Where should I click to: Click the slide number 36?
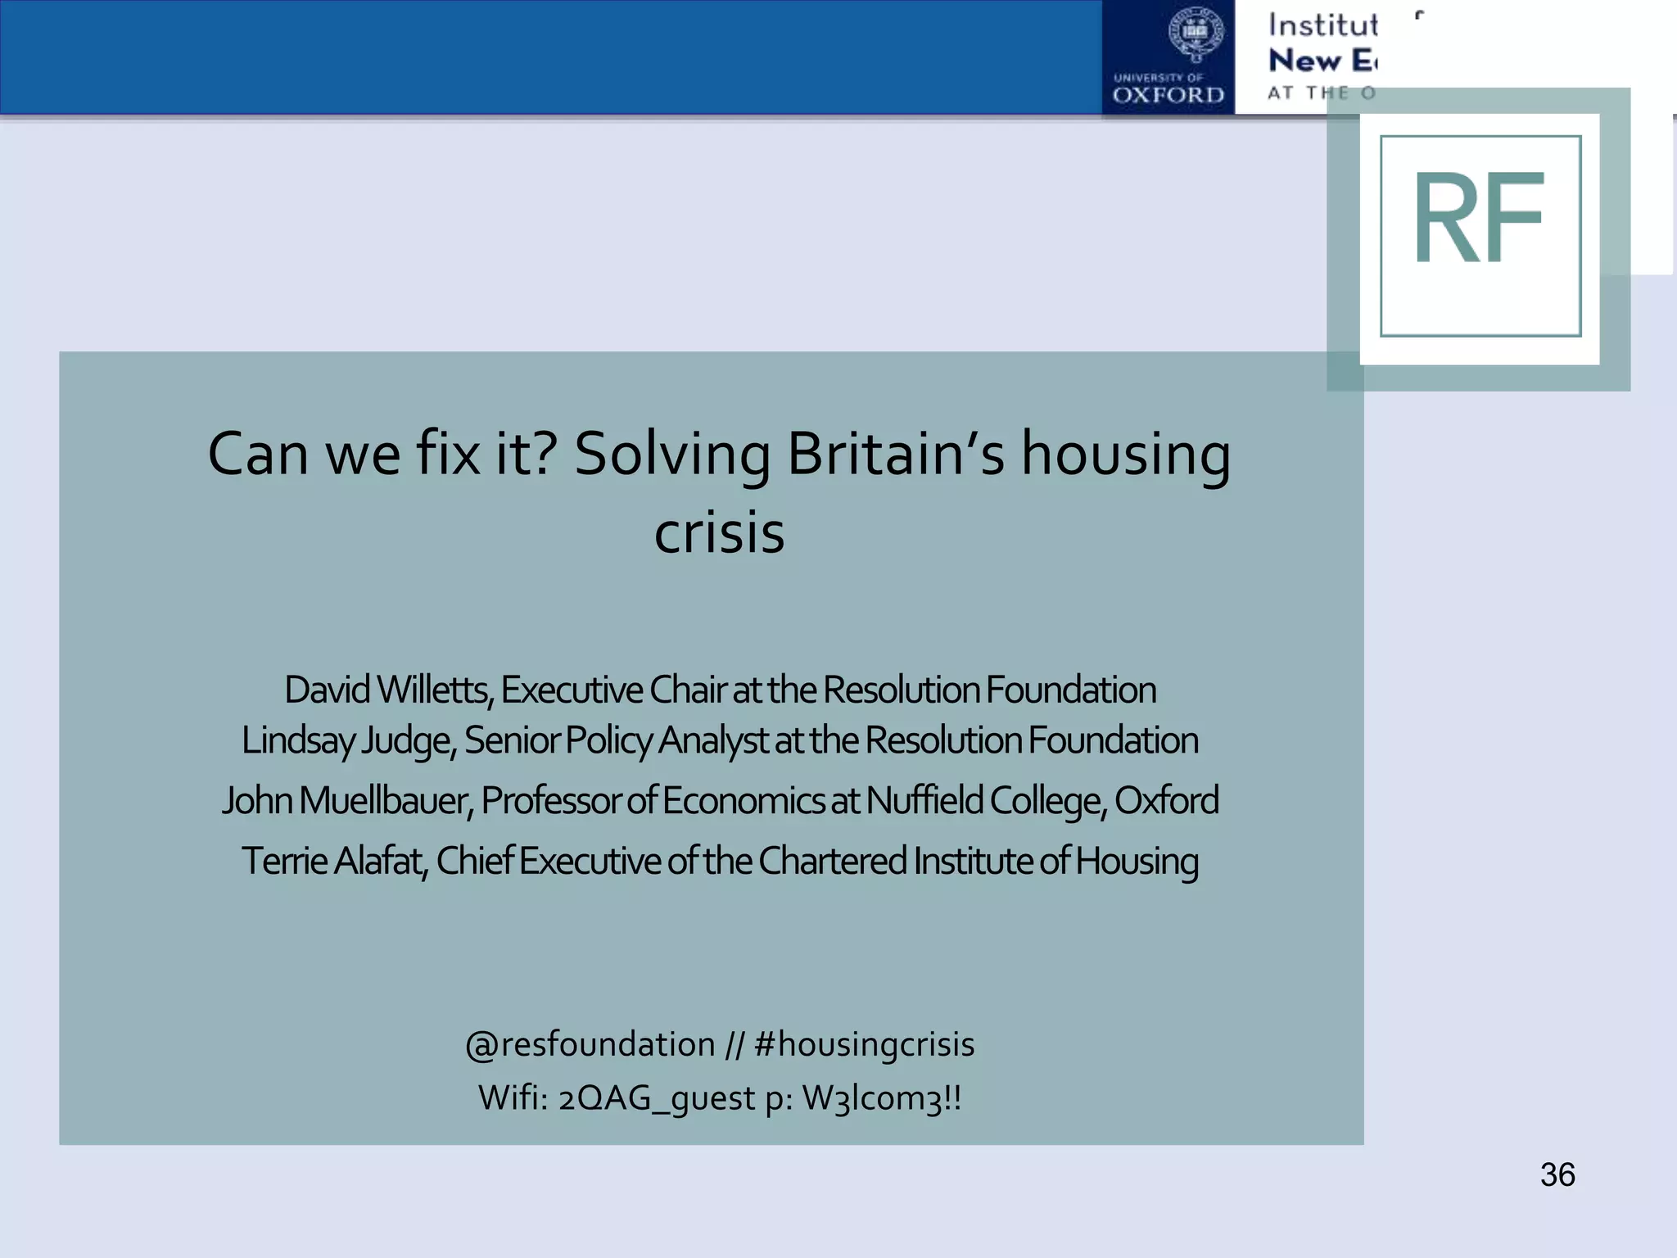pos(1557,1174)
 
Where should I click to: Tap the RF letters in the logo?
pos(1479,219)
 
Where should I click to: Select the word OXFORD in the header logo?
pos(1168,95)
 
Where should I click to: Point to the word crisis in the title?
pos(719,532)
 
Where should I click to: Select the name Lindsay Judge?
pos(347,740)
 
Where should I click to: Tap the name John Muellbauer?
pos(346,800)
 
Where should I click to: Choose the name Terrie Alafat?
pos(333,861)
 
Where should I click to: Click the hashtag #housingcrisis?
pos(864,1044)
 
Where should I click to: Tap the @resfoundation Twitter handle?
pos(590,1044)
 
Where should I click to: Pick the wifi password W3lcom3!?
pos(882,1097)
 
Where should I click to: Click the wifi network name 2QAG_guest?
pos(657,1097)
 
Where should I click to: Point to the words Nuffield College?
pos(986,800)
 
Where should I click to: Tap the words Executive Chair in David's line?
pos(612,690)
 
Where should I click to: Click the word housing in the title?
pos(1125,455)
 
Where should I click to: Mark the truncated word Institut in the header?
pos(1322,25)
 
